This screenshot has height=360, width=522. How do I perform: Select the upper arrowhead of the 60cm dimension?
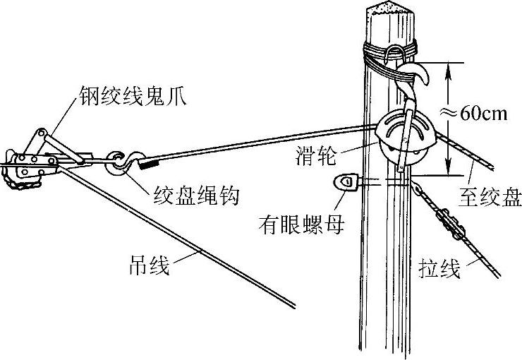point(447,67)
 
